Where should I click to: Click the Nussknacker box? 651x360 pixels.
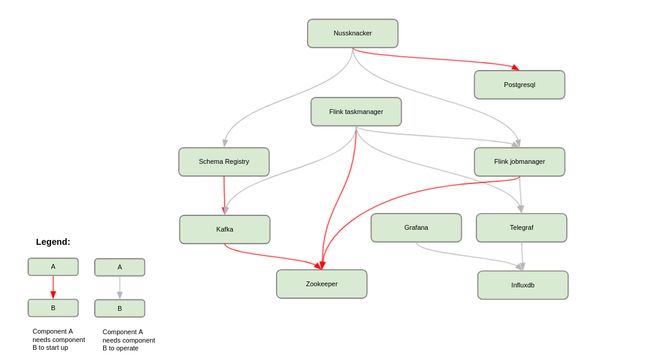353,34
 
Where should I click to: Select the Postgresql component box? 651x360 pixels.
520,85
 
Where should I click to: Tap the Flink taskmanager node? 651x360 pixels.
356,112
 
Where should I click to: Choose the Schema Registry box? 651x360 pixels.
224,162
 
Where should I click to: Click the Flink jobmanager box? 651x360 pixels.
520,162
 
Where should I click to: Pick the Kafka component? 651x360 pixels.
225,229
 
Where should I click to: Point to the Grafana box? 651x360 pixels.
416,228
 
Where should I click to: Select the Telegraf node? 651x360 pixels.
521,228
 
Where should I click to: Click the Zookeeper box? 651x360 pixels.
322,284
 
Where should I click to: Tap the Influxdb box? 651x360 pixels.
523,285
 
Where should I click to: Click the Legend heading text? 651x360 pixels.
53,242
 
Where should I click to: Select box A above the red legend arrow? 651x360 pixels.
53,267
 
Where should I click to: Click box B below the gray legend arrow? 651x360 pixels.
119,308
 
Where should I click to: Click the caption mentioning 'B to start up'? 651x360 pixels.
58,339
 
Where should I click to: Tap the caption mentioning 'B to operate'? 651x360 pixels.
128,340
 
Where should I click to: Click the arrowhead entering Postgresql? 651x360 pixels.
515,67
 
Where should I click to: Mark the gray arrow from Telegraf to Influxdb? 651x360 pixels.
522,256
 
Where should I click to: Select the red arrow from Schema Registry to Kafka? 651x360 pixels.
224,195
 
